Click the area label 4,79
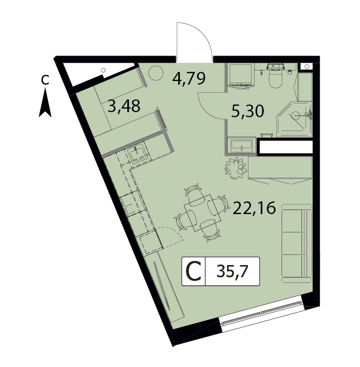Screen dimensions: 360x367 point(189,78)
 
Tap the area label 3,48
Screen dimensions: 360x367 point(124,106)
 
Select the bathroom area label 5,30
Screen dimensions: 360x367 point(247,111)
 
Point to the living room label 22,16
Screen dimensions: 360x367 point(254,208)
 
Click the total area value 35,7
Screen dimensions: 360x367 point(232,272)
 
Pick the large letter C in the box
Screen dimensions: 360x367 point(193,272)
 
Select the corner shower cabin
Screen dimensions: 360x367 point(294,119)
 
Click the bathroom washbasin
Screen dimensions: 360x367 point(241,145)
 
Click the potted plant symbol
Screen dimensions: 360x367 point(236,168)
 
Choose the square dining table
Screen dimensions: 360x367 point(203,213)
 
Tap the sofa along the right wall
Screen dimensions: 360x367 point(297,241)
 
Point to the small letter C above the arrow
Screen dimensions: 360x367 point(45,80)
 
